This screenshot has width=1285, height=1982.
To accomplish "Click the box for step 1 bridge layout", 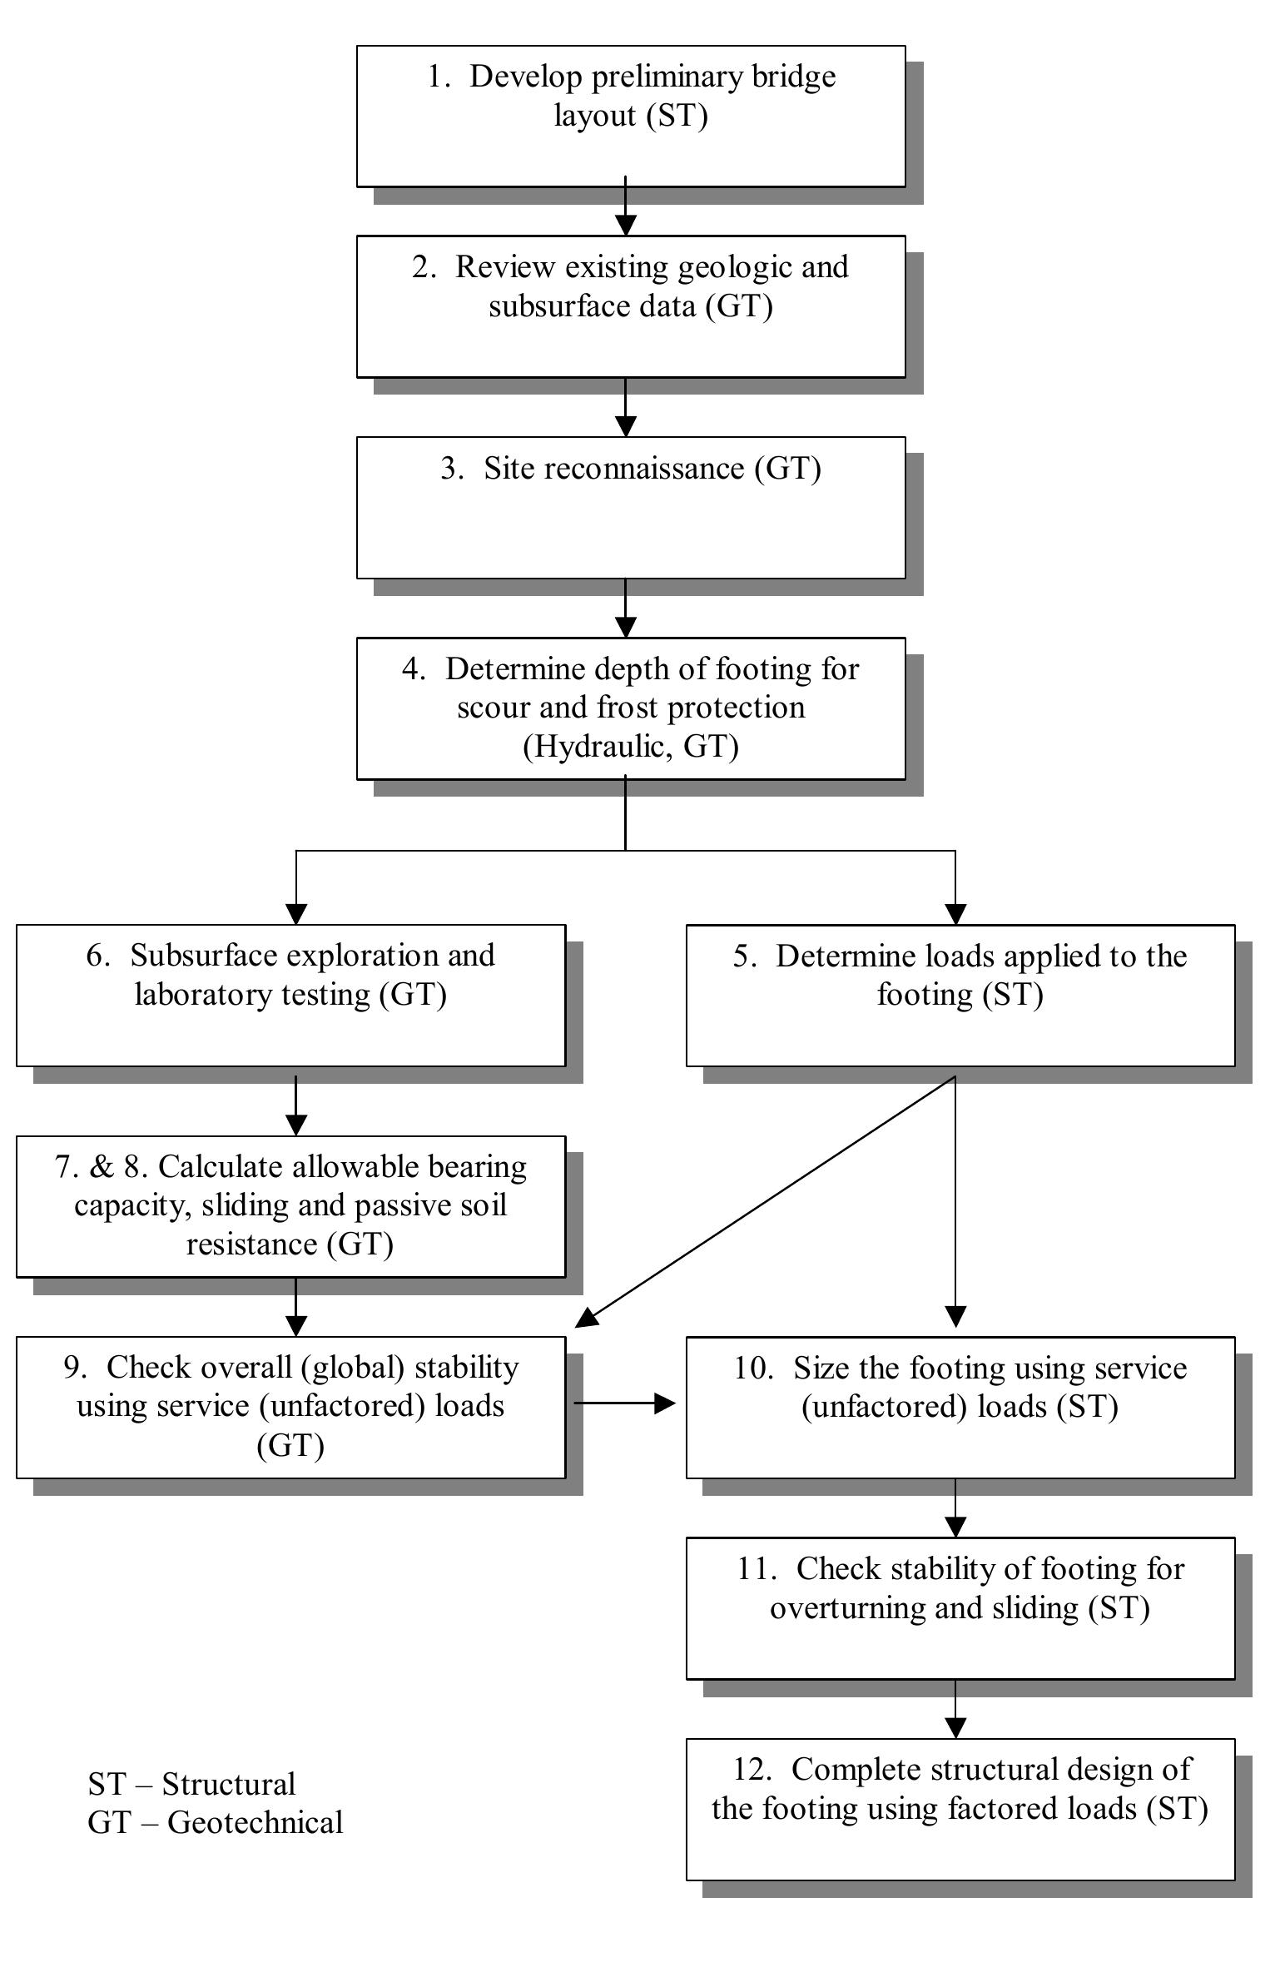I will [630, 116].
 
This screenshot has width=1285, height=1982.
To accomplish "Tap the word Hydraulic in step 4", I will [596, 746].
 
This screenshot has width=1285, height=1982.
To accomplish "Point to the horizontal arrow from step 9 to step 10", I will [623, 1403].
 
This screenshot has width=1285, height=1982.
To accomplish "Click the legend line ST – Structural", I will [191, 1783].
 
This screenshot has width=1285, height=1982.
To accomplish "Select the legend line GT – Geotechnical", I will [215, 1822].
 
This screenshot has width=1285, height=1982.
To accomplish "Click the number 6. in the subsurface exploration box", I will [97, 955].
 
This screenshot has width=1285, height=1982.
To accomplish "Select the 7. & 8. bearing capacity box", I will [290, 1205].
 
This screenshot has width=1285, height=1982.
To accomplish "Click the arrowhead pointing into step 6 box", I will [296, 912].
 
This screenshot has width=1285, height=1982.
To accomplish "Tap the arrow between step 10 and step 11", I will [955, 1508].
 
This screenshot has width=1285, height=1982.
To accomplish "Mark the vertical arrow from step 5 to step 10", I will [955, 1200].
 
